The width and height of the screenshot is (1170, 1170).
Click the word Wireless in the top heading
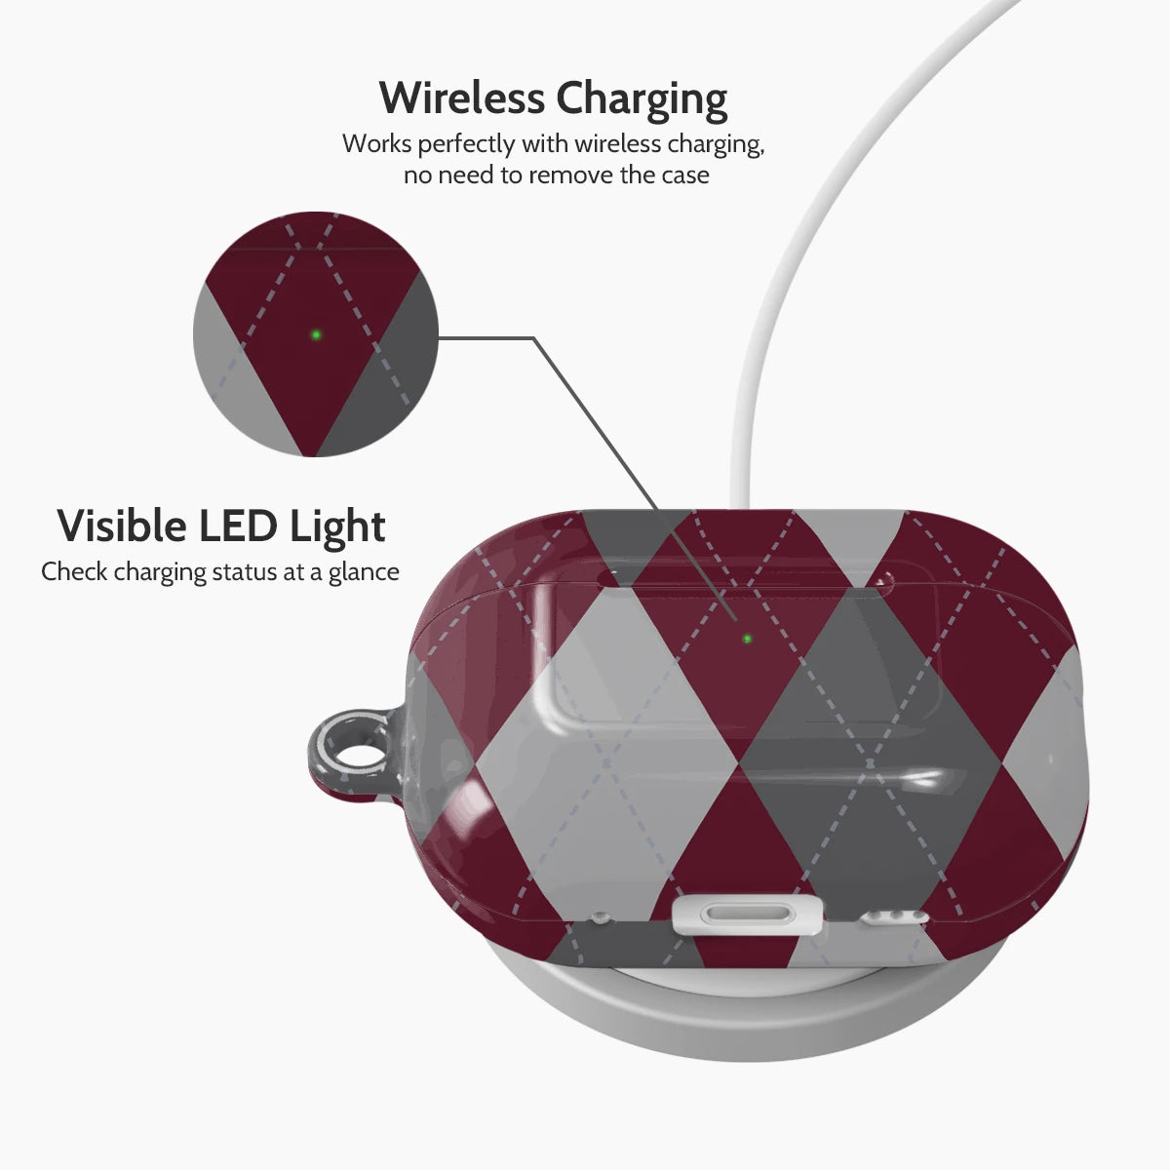[x=461, y=97]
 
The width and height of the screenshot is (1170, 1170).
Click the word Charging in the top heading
[x=642, y=100]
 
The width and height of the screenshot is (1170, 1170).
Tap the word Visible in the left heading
[x=122, y=526]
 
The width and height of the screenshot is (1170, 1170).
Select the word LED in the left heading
[x=237, y=526]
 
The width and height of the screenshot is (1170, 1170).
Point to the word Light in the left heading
[x=337, y=528]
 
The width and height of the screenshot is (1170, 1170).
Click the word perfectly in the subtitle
[x=466, y=145]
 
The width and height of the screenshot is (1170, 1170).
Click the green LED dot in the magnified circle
[x=316, y=334]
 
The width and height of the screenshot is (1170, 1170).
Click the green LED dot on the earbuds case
[x=747, y=639]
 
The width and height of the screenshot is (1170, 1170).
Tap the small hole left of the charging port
[x=600, y=916]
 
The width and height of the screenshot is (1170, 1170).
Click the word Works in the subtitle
[x=376, y=144]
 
